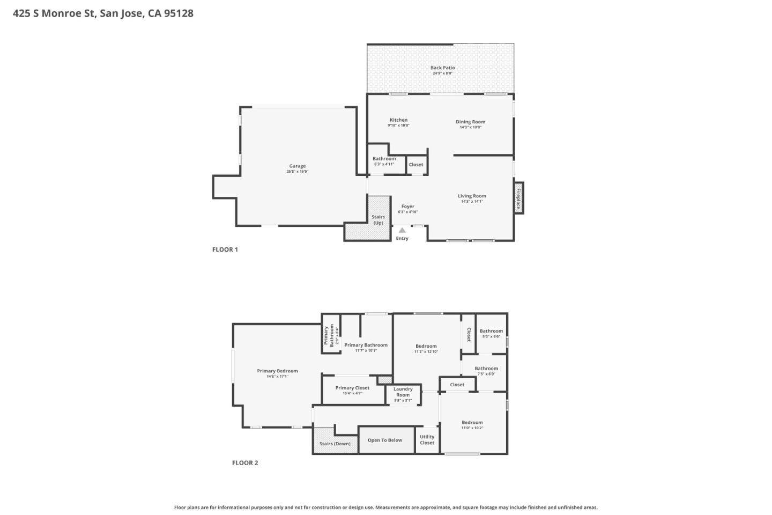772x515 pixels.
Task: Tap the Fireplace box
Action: (518, 198)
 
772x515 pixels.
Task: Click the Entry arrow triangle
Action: (402, 231)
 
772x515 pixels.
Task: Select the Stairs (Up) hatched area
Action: (378, 219)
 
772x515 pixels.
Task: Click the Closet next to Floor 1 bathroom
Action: (416, 165)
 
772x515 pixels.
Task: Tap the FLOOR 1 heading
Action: (225, 249)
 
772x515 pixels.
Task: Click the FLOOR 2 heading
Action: (245, 463)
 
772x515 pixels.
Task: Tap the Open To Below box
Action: (385, 440)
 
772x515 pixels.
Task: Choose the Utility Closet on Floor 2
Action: (427, 440)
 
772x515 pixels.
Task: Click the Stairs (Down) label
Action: (335, 444)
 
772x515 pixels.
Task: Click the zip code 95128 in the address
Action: (179, 13)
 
